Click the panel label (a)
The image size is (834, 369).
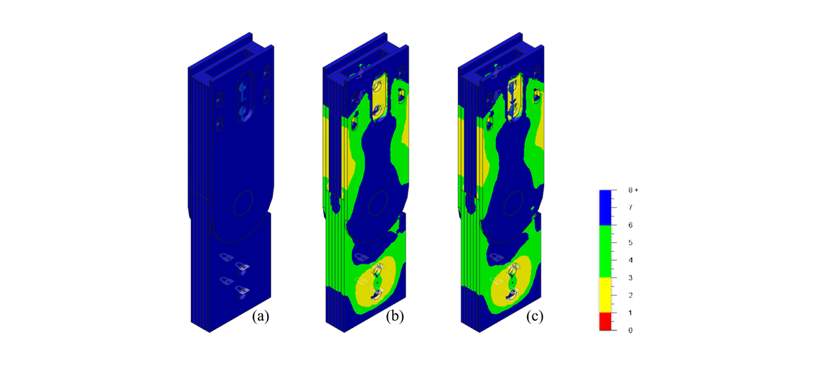(x=261, y=316)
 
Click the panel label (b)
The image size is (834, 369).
(x=395, y=316)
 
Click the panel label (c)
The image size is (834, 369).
(x=535, y=316)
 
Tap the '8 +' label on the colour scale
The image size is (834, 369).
(x=633, y=190)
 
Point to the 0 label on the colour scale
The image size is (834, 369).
(x=630, y=331)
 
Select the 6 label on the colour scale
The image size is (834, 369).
(x=630, y=225)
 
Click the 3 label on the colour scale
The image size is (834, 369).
(x=630, y=278)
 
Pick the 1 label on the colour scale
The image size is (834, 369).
(x=630, y=313)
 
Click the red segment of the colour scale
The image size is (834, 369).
(x=605, y=321)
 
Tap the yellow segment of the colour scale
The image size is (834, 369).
(x=605, y=295)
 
